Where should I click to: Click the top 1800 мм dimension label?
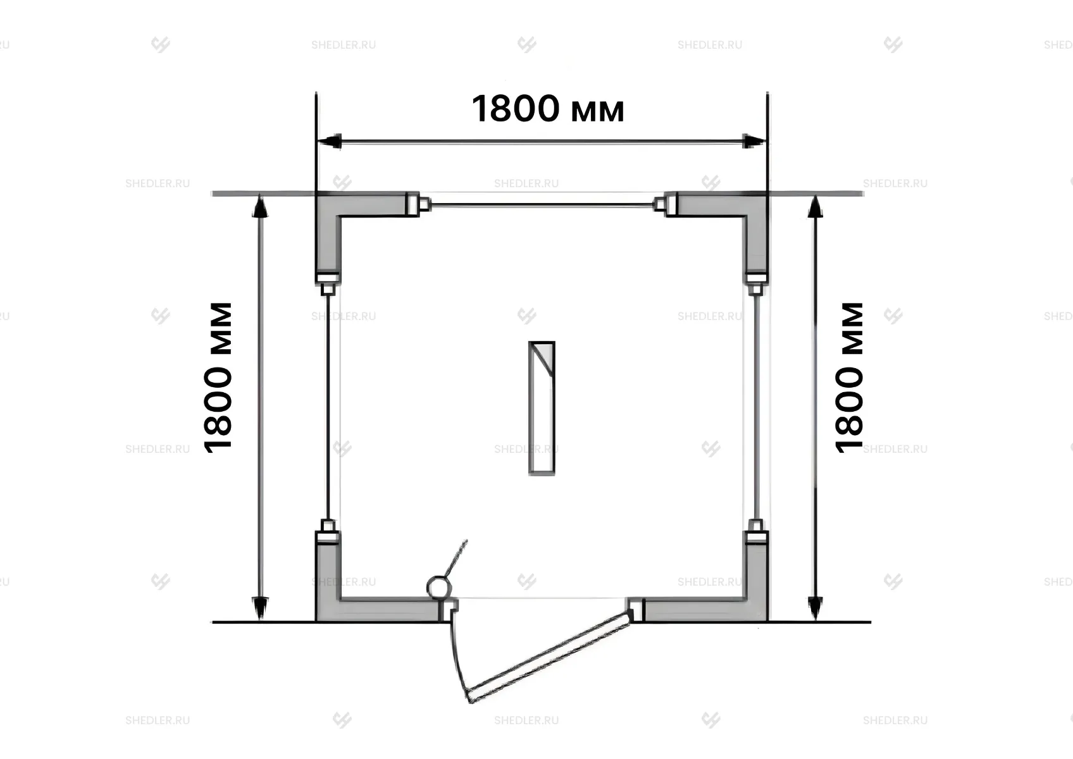548,109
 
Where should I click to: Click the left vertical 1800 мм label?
218,378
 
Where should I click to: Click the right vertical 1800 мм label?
849,378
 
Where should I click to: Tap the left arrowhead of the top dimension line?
330,141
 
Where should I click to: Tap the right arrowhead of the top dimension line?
754,141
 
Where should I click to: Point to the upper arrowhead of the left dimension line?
259,206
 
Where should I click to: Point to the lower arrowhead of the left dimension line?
259,609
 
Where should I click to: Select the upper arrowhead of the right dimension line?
815,206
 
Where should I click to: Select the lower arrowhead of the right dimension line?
815,609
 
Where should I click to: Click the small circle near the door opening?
439,587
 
